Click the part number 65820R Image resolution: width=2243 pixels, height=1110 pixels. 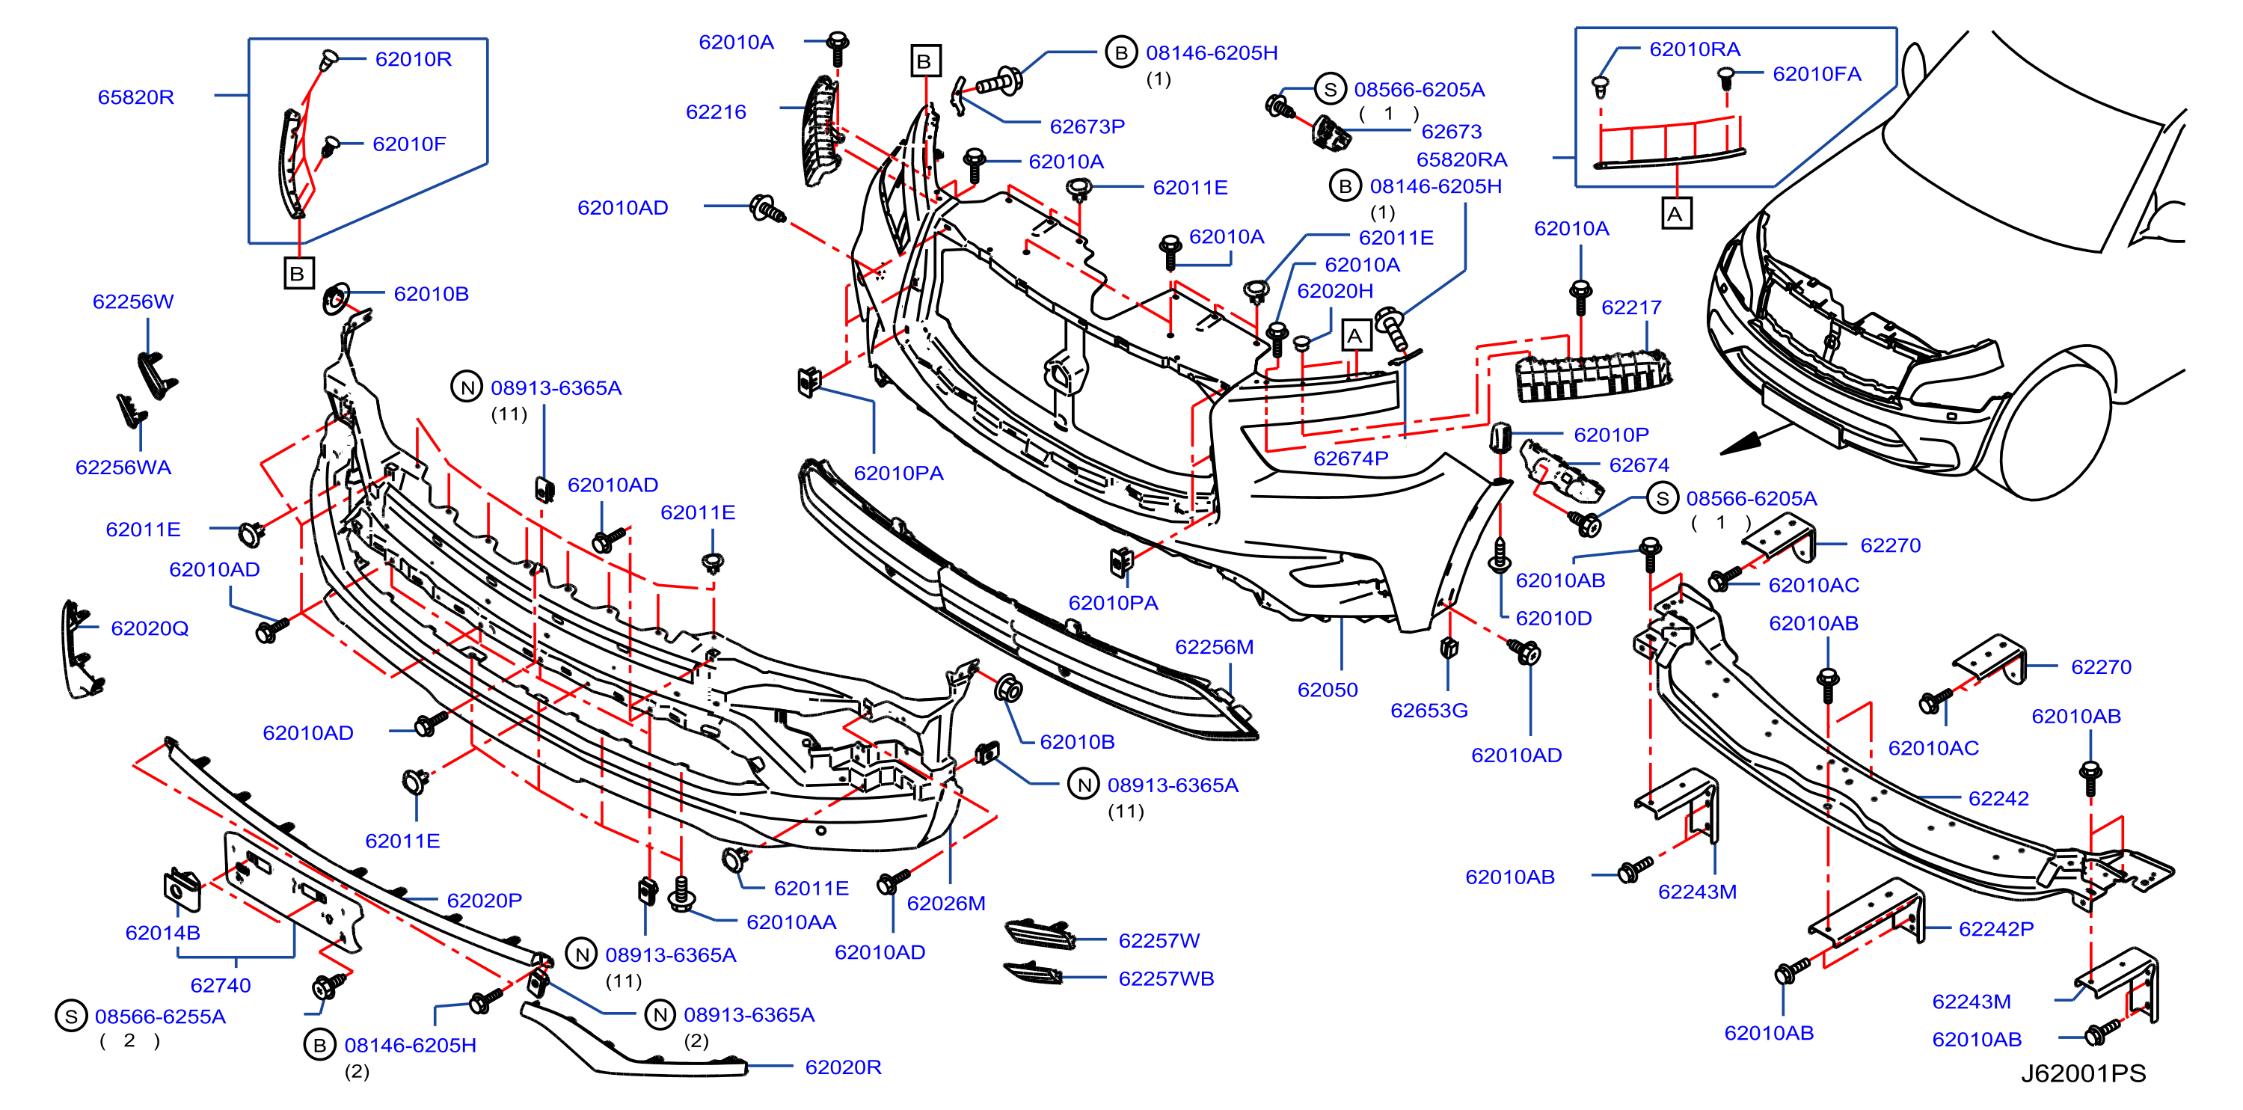tap(136, 96)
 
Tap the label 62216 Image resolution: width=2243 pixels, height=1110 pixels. tap(716, 111)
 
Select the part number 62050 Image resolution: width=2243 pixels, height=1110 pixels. tap(1327, 690)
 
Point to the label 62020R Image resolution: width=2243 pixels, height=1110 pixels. tap(843, 1067)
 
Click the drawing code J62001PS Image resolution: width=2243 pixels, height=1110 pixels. tap(2083, 1073)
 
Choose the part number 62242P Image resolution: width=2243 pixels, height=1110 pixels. tap(1995, 929)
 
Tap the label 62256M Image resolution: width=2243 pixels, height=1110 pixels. tap(1214, 647)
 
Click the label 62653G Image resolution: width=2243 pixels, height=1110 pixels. tap(1429, 711)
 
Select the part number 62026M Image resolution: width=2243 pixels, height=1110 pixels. tap(945, 903)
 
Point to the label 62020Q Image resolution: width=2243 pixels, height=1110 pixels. tap(150, 628)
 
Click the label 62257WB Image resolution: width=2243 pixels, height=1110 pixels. tap(1166, 978)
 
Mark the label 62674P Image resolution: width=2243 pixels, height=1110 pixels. tap(1351, 458)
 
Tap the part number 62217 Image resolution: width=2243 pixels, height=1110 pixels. tap(1631, 307)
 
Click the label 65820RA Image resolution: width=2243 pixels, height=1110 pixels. tap(1461, 159)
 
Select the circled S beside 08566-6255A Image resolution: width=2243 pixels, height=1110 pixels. tap(70, 1016)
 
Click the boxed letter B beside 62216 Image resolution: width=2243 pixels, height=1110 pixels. tap(924, 61)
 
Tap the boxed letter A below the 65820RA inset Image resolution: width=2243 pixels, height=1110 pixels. tap(1676, 213)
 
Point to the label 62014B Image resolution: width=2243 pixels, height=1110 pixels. tap(163, 933)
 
